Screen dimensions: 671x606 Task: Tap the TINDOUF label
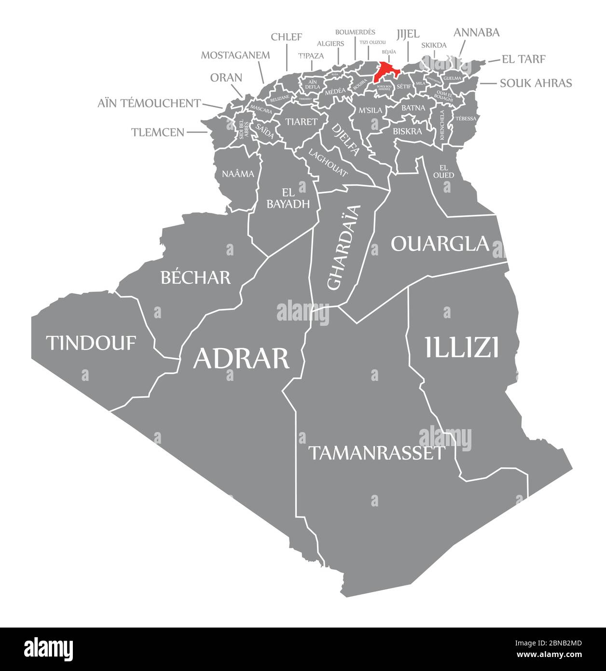click(91, 343)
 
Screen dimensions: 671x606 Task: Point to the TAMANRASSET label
click(376, 453)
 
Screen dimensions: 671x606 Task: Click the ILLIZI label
click(462, 348)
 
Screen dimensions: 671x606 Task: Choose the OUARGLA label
click(440, 244)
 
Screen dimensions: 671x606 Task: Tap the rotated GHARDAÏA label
click(344, 247)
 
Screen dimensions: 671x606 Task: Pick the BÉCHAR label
click(195, 277)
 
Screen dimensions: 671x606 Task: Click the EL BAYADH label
click(288, 197)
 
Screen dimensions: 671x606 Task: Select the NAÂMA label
click(238, 174)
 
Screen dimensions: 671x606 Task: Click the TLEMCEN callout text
click(158, 132)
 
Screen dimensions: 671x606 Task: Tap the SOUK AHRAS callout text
click(536, 83)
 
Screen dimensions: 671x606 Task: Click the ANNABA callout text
click(476, 32)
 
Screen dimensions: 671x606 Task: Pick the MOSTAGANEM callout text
click(235, 55)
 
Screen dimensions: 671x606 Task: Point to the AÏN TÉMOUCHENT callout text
click(149, 103)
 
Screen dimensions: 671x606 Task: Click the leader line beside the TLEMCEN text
click(197, 132)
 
